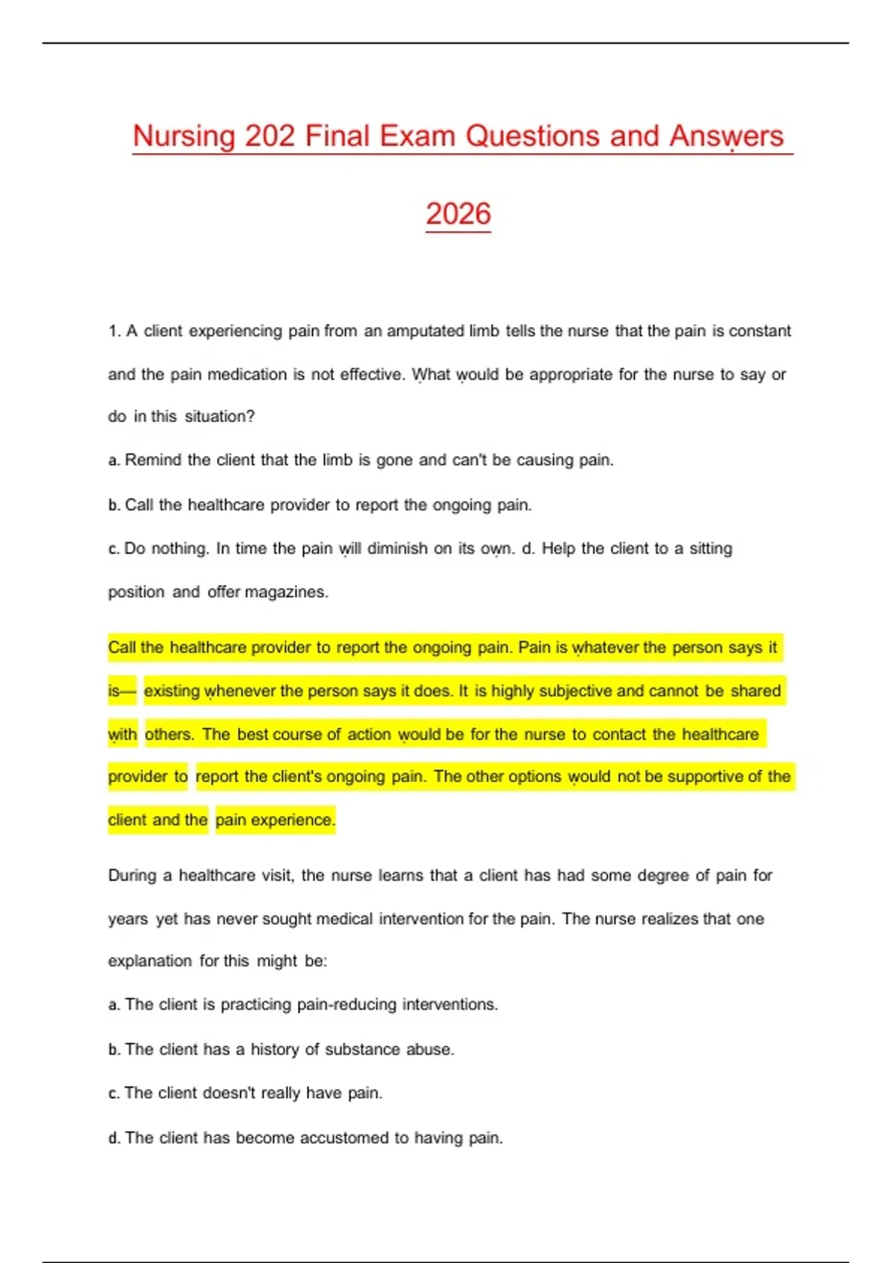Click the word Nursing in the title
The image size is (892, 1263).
(x=184, y=137)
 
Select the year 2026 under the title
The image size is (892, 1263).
(x=458, y=215)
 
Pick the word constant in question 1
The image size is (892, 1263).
(x=759, y=331)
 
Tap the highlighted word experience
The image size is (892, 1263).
(x=293, y=820)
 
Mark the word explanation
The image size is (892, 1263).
(x=149, y=961)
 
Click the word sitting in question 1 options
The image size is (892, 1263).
(x=711, y=549)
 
